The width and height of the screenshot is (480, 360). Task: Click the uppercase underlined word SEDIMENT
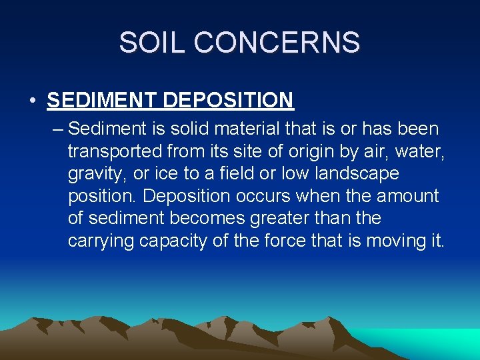102,101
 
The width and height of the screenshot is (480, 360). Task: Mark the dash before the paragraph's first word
57,128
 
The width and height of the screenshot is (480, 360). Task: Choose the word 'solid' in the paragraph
182,128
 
